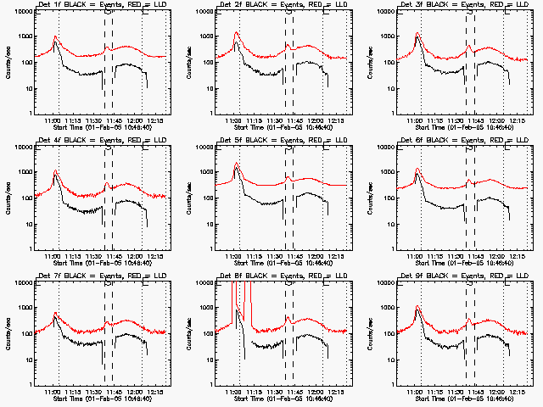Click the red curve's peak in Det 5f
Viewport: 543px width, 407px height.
point(236,163)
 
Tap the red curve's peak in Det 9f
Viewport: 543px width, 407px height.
point(418,306)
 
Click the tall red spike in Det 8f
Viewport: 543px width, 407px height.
point(234,293)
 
